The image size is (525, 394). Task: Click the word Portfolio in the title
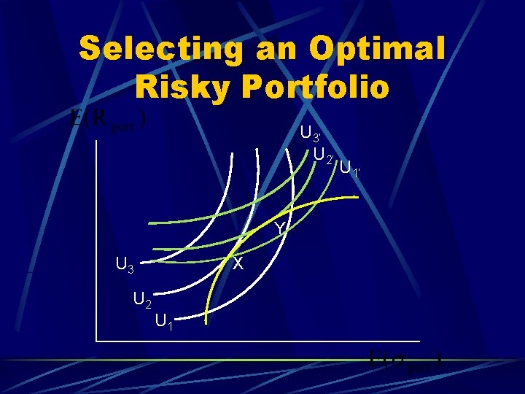318,86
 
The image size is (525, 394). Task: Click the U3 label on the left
125,263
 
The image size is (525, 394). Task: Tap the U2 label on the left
142,299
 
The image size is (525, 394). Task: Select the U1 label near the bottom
164,320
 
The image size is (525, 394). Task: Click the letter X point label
238,264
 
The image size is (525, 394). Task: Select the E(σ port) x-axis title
406,360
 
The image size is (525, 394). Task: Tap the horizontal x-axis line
277,341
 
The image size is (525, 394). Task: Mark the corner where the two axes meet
96,341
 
